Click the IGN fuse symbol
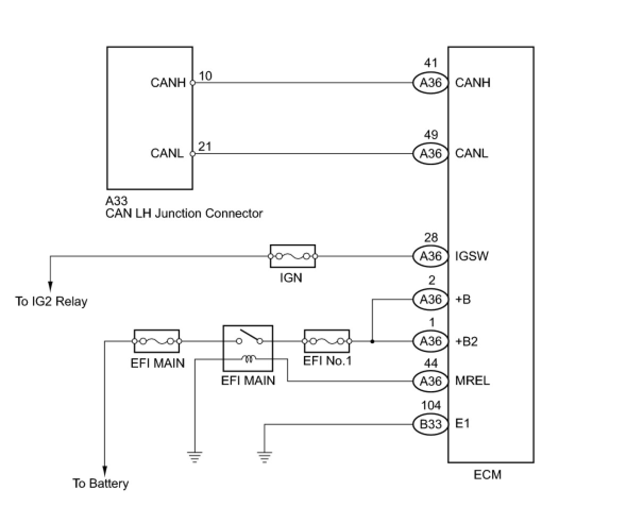click(292, 256)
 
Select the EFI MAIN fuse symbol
click(156, 341)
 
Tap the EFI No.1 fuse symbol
click(326, 341)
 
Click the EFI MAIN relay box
click(247, 349)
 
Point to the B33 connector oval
click(430, 424)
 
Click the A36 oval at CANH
click(430, 83)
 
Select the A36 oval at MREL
click(430, 381)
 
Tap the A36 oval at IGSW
click(430, 256)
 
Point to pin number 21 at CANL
click(205, 146)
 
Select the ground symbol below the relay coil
click(195, 456)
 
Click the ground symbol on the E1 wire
click(264, 456)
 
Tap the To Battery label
click(100, 484)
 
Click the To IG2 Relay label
click(52, 302)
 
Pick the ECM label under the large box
click(487, 475)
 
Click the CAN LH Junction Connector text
click(184, 214)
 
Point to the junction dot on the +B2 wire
click(372, 341)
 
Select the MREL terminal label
click(472, 381)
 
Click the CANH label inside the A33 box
click(168, 83)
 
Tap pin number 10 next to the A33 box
click(205, 76)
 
